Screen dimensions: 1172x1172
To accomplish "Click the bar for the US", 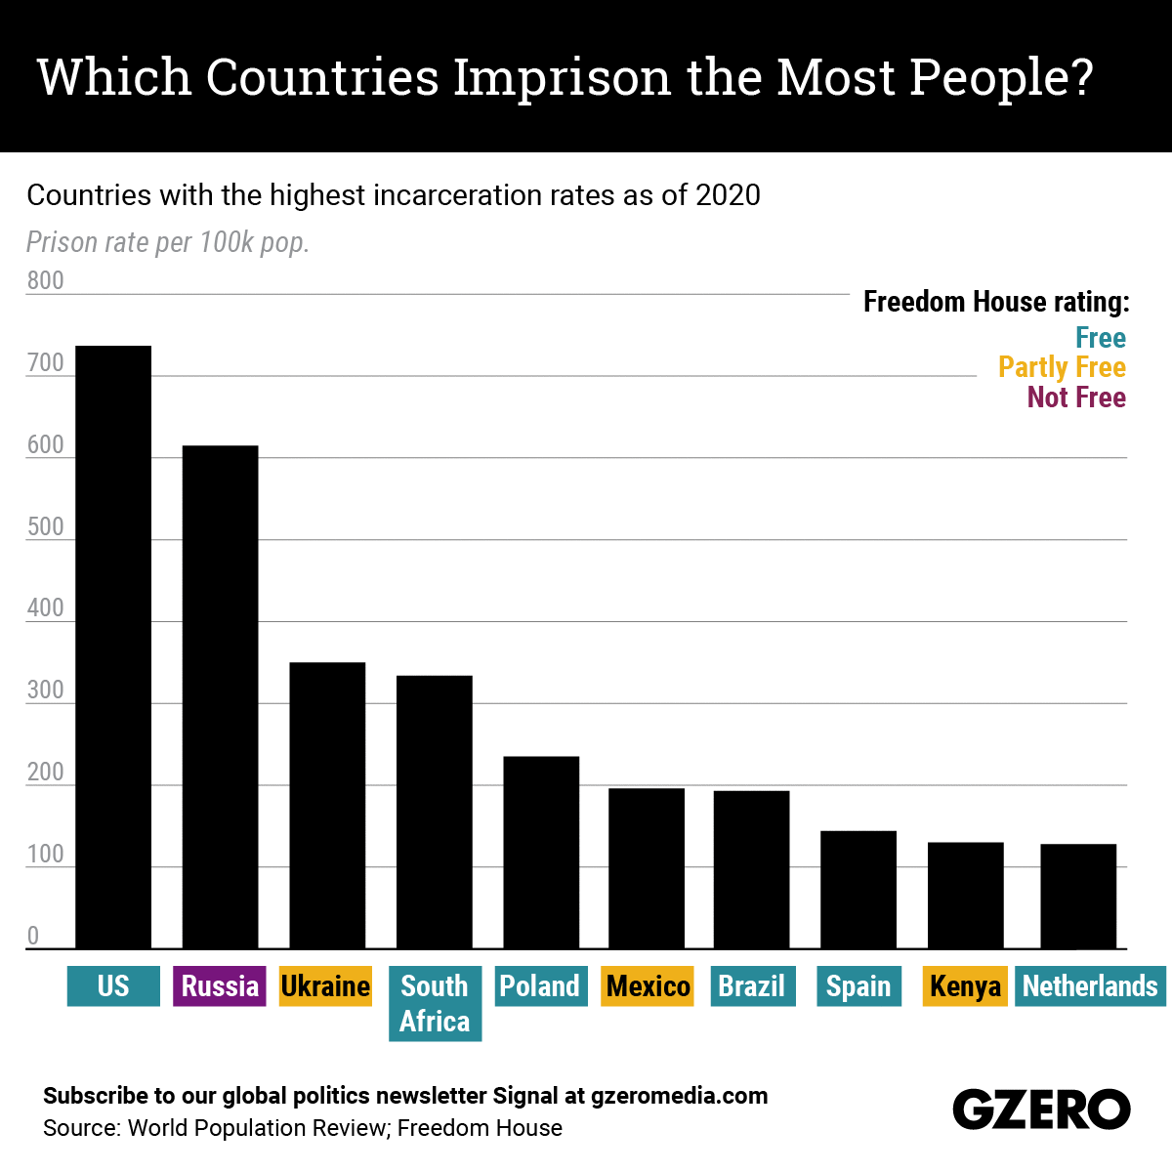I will point(113,647).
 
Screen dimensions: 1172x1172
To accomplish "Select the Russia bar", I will point(220,696).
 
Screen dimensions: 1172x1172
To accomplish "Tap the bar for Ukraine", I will point(327,805).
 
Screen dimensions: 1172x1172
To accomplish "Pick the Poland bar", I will point(541,852).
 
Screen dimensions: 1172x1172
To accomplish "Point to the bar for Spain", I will point(858,889).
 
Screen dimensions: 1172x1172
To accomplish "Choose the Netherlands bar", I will point(1078,896).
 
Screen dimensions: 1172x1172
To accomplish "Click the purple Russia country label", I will point(220,986).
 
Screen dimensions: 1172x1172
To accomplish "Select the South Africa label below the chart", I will point(435,1004).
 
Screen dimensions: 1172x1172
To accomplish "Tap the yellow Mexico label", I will point(648,986).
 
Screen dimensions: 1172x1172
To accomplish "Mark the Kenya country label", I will point(965,986).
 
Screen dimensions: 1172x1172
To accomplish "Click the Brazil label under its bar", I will point(752,986).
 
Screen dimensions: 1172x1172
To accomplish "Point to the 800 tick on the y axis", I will point(45,280).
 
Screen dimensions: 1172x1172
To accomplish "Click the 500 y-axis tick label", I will point(45,526).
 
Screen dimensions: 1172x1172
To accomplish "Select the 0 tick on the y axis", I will point(33,936).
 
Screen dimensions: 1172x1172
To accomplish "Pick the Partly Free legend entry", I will point(1062,367).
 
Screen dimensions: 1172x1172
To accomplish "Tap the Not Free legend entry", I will point(1076,398).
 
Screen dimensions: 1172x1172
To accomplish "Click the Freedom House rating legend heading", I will point(996,302).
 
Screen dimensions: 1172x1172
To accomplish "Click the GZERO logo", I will point(1041,1109).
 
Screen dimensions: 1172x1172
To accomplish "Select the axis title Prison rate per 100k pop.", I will point(168,242).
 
